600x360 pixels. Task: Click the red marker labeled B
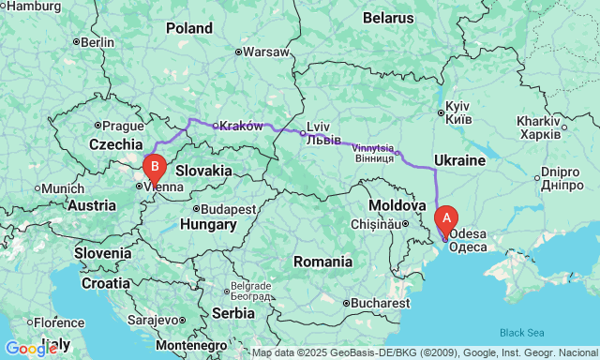pos(154,168)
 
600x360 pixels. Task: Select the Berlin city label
pos(97,42)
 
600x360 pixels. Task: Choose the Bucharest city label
pos(381,303)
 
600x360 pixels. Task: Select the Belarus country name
pos(388,18)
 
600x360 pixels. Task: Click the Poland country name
pos(189,28)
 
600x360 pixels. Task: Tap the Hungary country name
pos(209,226)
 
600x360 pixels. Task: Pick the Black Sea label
pos(521,333)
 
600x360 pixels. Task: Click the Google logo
pos(30,349)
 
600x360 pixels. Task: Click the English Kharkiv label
pos(537,122)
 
